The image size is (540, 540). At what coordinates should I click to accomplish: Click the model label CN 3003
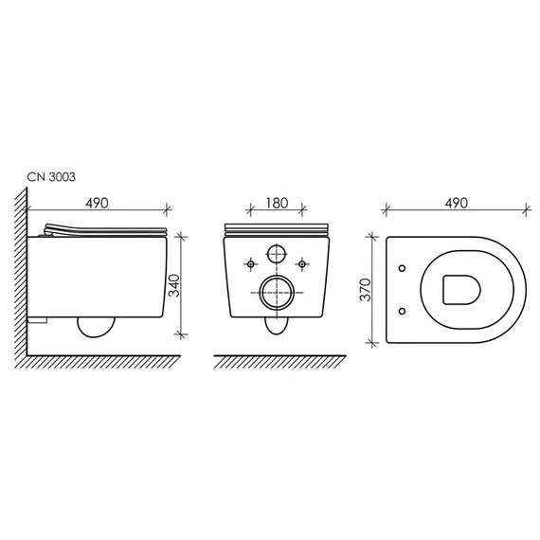tap(51, 177)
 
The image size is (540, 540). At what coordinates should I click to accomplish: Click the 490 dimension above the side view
tap(97, 203)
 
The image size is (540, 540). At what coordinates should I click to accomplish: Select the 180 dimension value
tap(277, 203)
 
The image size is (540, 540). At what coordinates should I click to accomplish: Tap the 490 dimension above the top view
tap(456, 203)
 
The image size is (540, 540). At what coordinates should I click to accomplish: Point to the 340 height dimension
tap(173, 285)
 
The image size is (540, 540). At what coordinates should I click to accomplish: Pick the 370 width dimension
tap(366, 290)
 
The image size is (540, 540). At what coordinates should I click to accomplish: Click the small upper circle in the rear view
tap(277, 254)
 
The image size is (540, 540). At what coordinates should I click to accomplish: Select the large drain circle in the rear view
tap(277, 293)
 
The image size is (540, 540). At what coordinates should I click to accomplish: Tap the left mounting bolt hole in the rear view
tap(251, 264)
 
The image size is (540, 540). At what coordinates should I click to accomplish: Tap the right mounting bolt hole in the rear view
tap(302, 264)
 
